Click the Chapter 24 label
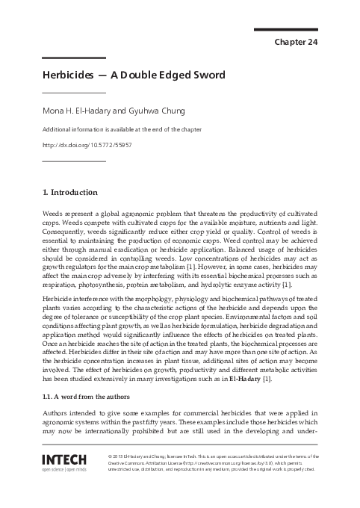(x=297, y=42)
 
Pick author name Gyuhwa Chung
(x=141, y=111)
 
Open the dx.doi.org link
(x=87, y=144)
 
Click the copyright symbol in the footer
(x=110, y=456)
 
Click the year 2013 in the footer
(x=120, y=456)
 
